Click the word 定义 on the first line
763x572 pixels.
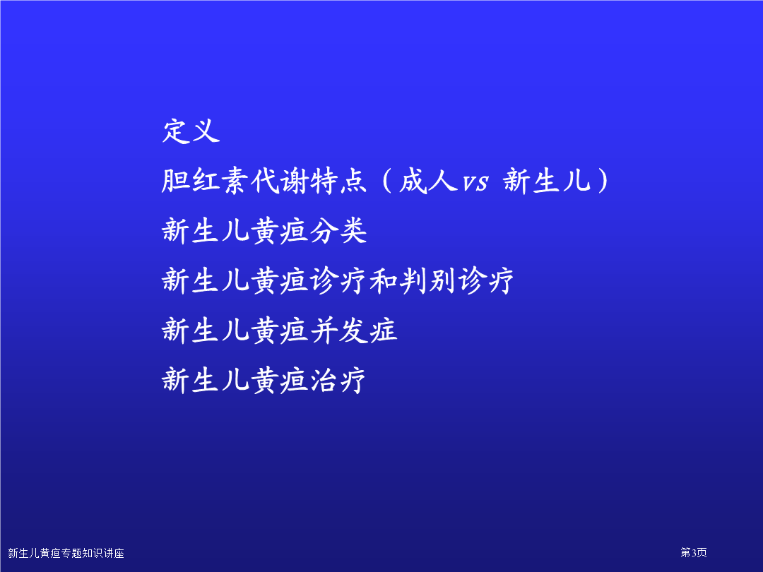coord(191,131)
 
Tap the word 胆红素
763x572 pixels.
coord(206,181)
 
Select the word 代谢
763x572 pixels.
coord(279,181)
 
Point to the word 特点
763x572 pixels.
coord(338,181)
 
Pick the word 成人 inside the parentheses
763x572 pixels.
coord(428,181)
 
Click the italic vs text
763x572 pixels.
coord(475,183)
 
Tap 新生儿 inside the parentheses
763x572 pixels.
coord(547,181)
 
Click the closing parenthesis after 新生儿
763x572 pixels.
coord(603,181)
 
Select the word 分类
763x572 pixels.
coord(338,230)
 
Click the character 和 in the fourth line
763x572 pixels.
coord(384,280)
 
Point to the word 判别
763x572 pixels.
coord(427,280)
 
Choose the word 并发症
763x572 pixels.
coord(353,330)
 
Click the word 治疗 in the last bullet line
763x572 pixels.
coord(338,381)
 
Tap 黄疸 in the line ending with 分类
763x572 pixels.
coord(279,230)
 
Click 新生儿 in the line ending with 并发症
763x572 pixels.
coord(206,330)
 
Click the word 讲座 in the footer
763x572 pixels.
coord(114,553)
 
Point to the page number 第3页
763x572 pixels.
coord(694,552)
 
